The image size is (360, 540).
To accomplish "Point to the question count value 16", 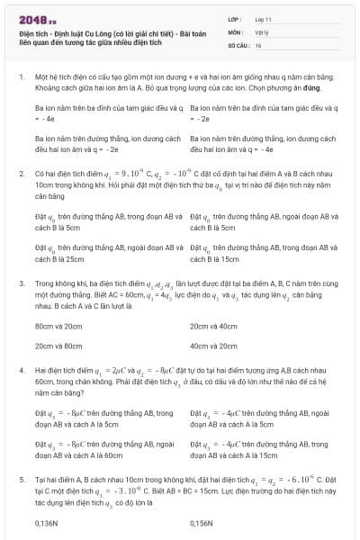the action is coord(258,44).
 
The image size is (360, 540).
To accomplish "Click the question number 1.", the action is coord(22,78).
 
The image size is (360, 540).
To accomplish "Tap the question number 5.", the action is coord(22,481).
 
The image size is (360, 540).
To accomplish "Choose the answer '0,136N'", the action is coord(47,522).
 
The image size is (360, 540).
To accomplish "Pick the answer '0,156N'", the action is coord(202,522).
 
